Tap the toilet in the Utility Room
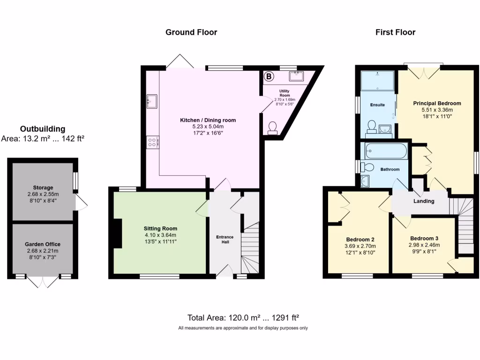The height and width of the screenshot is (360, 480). [272, 128]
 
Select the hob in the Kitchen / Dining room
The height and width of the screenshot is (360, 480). [153, 142]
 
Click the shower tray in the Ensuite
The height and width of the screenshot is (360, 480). [377, 80]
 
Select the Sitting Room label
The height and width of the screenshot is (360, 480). [160, 228]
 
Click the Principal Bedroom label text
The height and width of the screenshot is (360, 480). [437, 103]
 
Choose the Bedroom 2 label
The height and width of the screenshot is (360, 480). [358, 239]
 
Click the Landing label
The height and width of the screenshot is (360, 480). [423, 201]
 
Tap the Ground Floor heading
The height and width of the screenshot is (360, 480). [191, 32]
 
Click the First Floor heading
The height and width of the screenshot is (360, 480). [395, 32]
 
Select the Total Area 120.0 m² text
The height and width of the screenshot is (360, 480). [243, 317]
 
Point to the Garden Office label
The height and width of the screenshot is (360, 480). [43, 244]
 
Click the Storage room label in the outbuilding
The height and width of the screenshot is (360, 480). [43, 187]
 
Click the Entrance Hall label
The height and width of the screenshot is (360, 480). [225, 239]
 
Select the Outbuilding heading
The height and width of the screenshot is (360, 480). [43, 129]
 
